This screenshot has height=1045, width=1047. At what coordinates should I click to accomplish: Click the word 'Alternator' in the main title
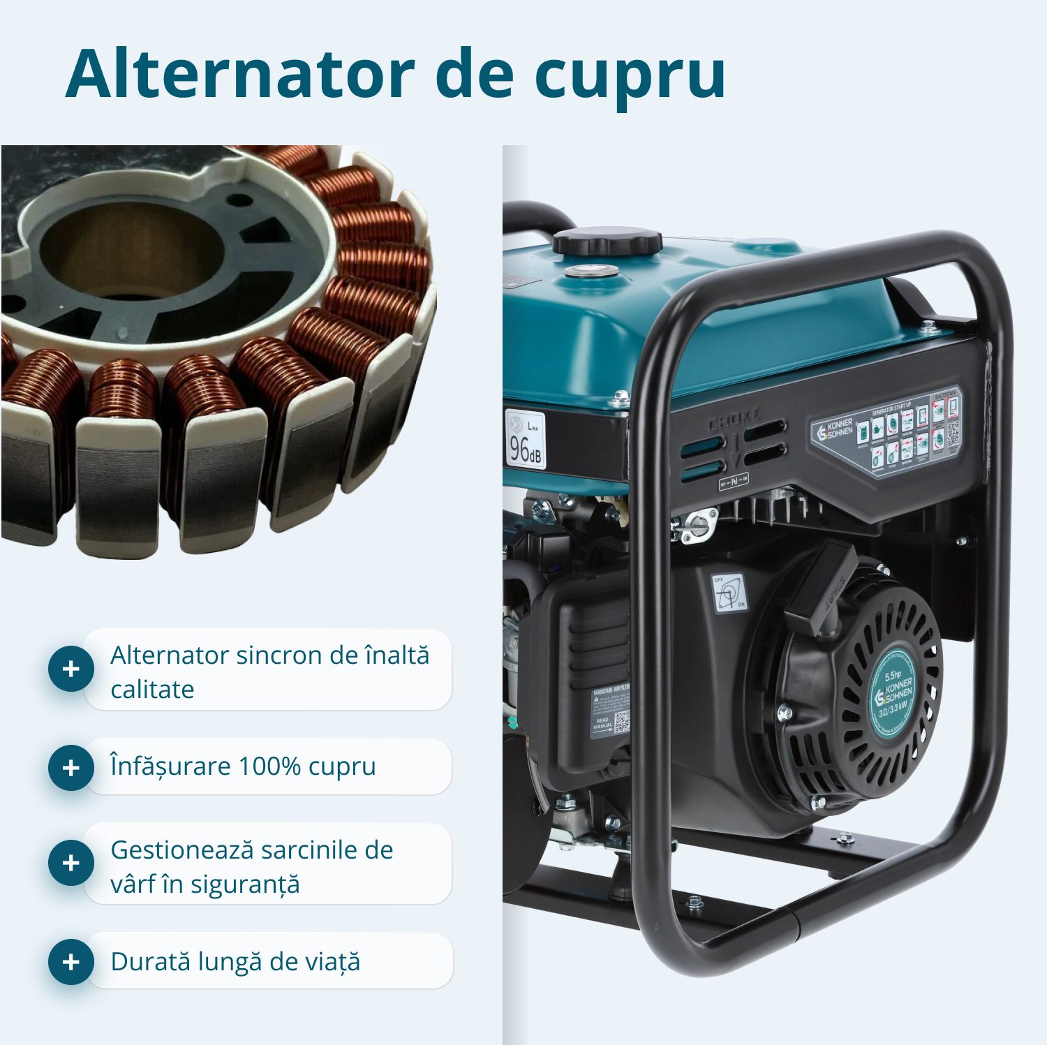coord(240,73)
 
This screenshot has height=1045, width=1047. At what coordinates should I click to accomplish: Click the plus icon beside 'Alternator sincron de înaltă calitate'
coord(71,669)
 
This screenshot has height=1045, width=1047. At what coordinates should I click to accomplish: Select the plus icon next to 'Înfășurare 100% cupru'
coord(71,768)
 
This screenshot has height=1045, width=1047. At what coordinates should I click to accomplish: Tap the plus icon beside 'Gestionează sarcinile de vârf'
coord(71,863)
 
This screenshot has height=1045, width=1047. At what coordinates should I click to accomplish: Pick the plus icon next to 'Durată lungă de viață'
coord(71,962)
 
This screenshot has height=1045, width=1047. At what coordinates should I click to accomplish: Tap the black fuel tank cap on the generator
coord(607,242)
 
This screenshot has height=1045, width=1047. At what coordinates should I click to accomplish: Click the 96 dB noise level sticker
coord(525,439)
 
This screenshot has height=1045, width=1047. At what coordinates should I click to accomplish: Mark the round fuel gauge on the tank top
coord(591,271)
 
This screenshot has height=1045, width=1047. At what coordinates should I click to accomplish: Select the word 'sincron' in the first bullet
coord(279,655)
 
